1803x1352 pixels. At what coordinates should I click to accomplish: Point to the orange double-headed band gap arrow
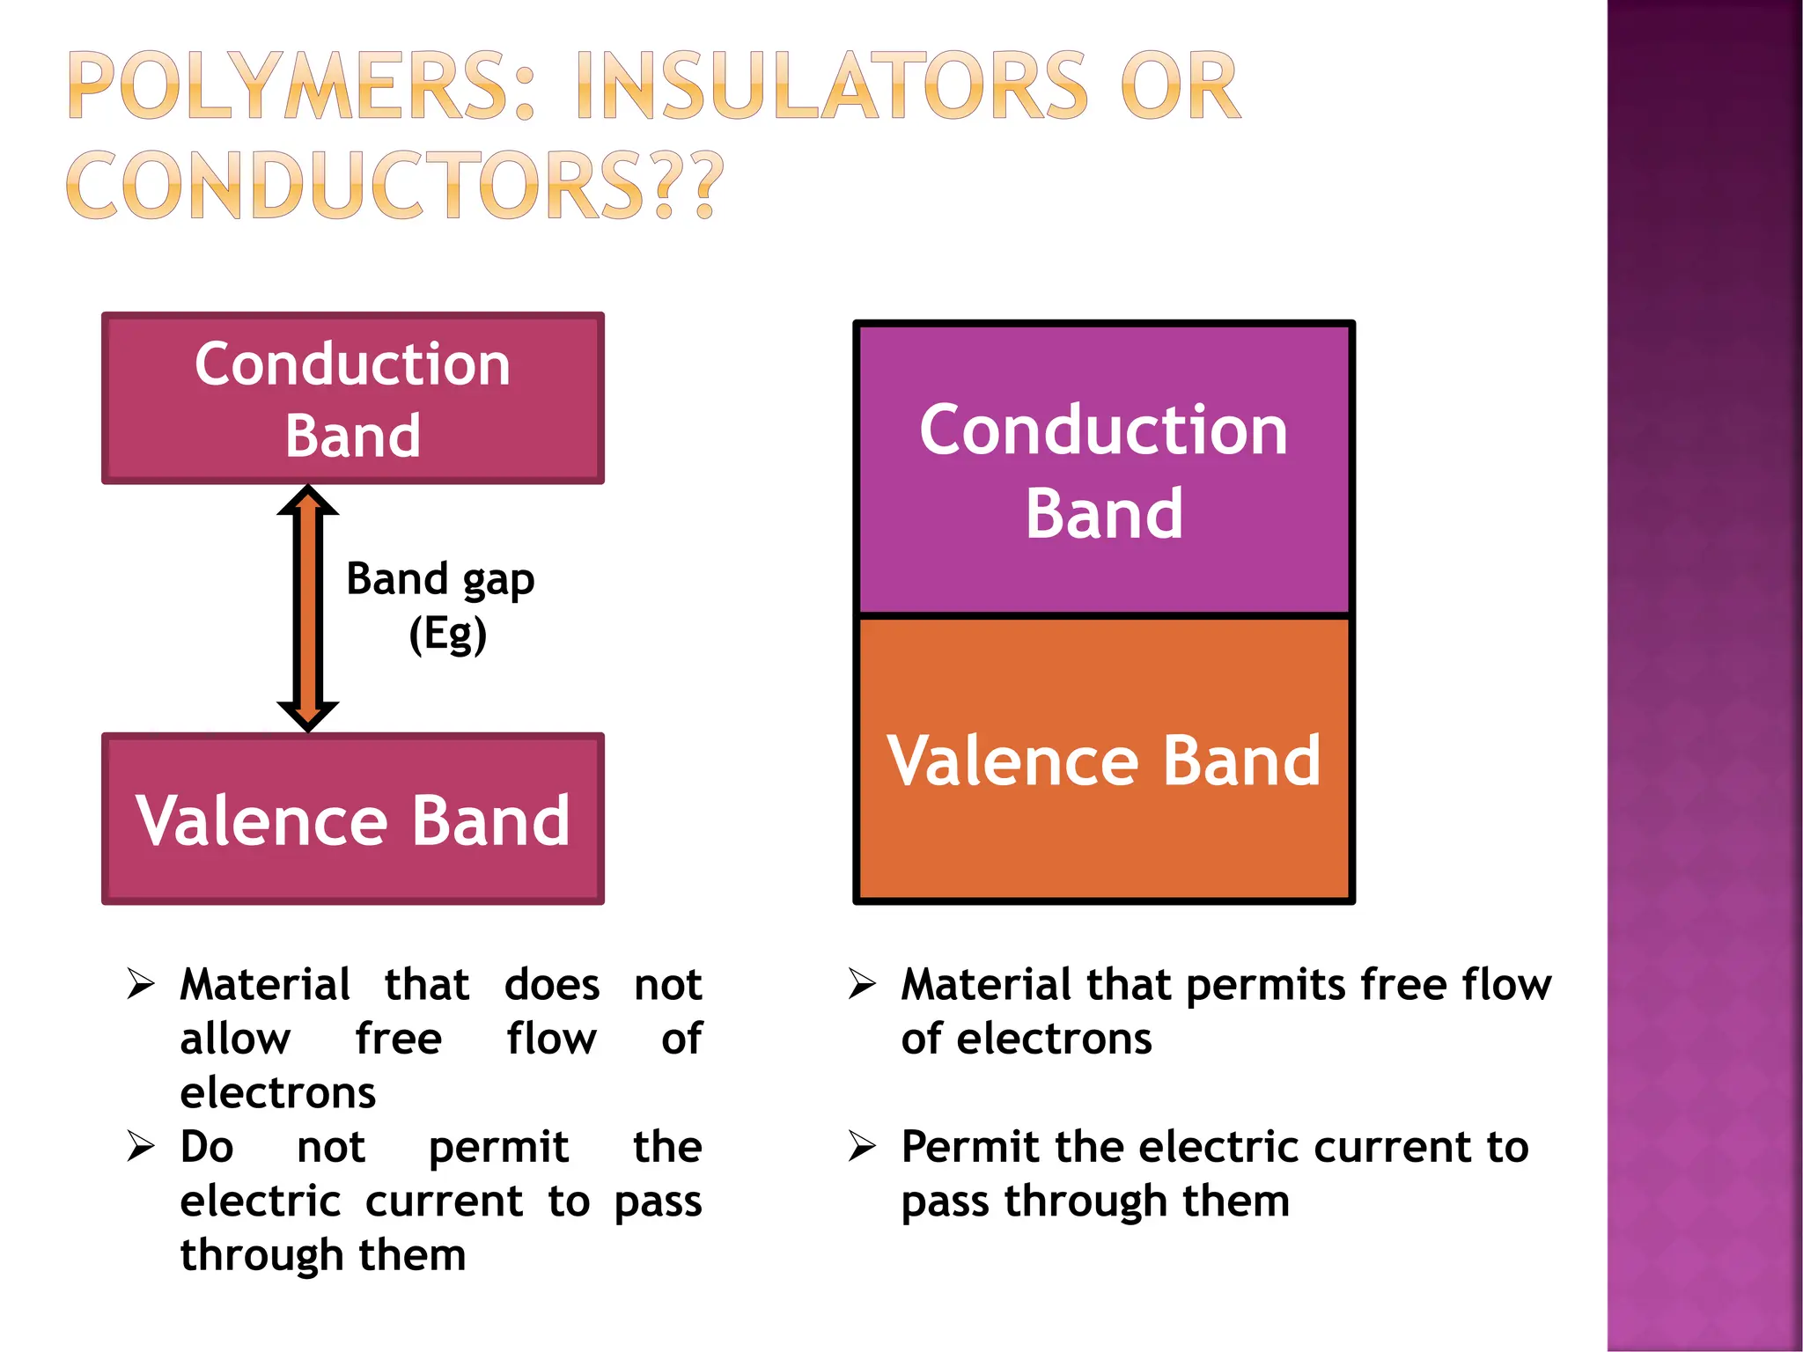pyautogui.click(x=308, y=607)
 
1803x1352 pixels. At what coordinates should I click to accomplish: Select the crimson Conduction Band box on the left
pyautogui.click(x=352, y=398)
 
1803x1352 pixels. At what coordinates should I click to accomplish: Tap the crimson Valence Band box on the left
pyautogui.click(x=352, y=819)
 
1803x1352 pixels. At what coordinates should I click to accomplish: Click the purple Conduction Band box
pyautogui.click(x=1104, y=469)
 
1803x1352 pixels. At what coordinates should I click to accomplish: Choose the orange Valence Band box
pyautogui.click(x=1104, y=760)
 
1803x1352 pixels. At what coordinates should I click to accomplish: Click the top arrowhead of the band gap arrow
pyautogui.click(x=308, y=500)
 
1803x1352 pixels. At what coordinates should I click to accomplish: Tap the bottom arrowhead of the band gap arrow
pyautogui.click(x=308, y=715)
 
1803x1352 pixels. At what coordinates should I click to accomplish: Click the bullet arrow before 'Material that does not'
pyautogui.click(x=141, y=983)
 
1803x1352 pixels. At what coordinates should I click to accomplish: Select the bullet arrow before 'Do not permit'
pyautogui.click(x=141, y=1146)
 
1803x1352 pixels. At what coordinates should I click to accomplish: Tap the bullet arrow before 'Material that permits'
pyautogui.click(x=862, y=983)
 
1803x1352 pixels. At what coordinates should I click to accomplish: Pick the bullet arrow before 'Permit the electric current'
pyautogui.click(x=862, y=1146)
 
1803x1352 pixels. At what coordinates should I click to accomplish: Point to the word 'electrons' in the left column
pyautogui.click(x=278, y=1093)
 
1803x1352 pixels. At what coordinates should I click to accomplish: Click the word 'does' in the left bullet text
pyautogui.click(x=552, y=984)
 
